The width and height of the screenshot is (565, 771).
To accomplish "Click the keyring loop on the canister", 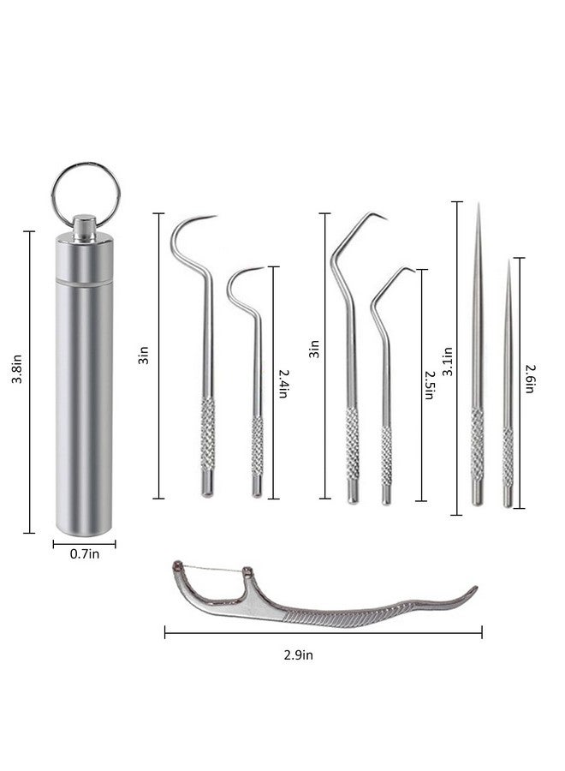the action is [53, 195].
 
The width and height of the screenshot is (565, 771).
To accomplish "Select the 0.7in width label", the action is [85, 554].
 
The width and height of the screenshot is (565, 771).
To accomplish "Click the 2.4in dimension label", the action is [283, 384].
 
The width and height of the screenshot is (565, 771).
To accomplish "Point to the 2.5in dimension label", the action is [429, 385].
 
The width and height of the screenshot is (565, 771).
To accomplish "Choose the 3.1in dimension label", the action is [448, 362].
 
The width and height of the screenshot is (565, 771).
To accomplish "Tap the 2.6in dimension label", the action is [530, 379].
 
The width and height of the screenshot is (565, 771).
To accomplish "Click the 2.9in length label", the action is [298, 655].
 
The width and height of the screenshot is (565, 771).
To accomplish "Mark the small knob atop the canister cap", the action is [85, 227].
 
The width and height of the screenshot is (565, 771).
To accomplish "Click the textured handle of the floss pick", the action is [344, 617].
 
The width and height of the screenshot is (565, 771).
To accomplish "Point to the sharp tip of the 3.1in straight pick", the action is [478, 205].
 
